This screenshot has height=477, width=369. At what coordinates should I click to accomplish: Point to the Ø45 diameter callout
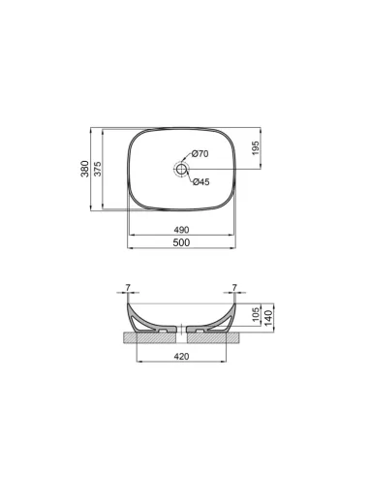tap(200, 182)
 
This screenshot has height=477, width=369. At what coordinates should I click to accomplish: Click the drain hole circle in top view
tap(180, 169)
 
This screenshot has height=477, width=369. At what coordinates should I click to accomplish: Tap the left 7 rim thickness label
tap(127, 287)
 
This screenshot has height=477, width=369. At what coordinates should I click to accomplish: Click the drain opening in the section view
tap(181, 332)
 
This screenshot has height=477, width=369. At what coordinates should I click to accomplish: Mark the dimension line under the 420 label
tap(181, 364)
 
